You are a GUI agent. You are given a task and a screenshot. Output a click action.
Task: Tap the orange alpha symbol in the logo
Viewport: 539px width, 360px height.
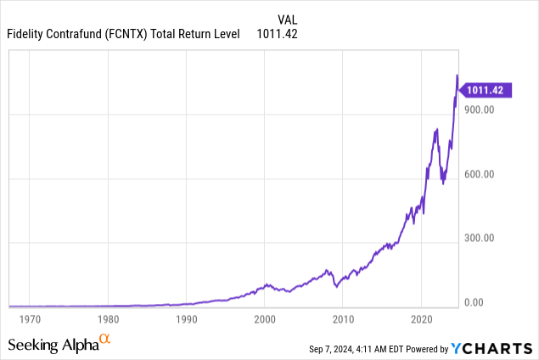click(x=105, y=339)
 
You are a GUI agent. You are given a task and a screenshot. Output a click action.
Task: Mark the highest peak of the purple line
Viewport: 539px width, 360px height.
click(x=458, y=76)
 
